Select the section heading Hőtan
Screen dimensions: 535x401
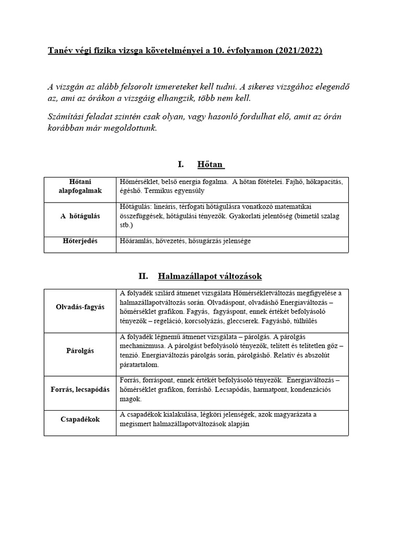pyautogui.click(x=210, y=165)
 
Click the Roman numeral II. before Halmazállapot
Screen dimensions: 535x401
pyautogui.click(x=144, y=275)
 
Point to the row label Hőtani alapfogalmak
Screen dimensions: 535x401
pyautogui.click(x=80, y=187)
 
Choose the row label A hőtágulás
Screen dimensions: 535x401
pyautogui.click(x=80, y=216)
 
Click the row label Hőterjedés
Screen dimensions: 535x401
pyautogui.click(x=80, y=241)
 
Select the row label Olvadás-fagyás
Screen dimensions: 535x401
pyautogui.click(x=80, y=307)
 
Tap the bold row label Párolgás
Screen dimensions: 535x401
pyautogui.click(x=80, y=351)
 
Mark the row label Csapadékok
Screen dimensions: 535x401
pyautogui.click(x=80, y=419)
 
